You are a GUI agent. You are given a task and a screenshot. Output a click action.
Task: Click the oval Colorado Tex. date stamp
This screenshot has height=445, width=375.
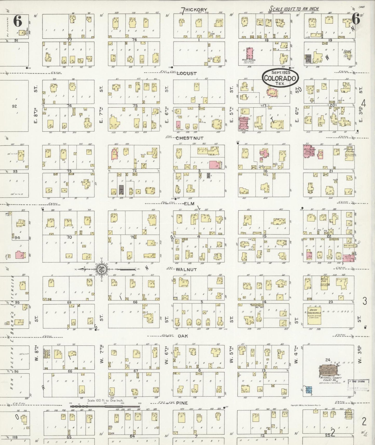280,78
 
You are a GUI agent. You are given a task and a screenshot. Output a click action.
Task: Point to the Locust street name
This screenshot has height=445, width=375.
186,73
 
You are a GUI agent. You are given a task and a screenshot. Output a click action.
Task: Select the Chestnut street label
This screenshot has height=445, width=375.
189,138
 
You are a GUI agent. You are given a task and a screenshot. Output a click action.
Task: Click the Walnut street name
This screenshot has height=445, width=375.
186,270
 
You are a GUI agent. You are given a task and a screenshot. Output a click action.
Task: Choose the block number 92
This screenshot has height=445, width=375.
14,106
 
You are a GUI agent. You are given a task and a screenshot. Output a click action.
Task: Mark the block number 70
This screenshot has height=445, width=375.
69,237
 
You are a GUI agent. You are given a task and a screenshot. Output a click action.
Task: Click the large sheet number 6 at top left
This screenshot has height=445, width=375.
18,21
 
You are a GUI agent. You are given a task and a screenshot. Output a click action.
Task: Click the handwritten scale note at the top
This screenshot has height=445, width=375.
294,9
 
